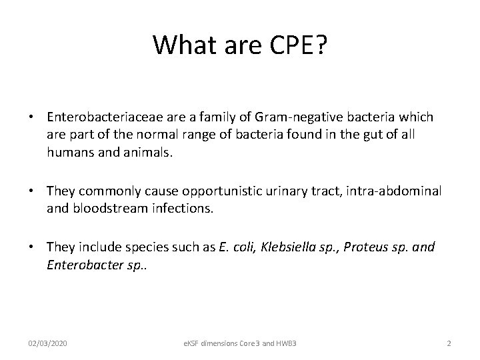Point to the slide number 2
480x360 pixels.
coord(449,343)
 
